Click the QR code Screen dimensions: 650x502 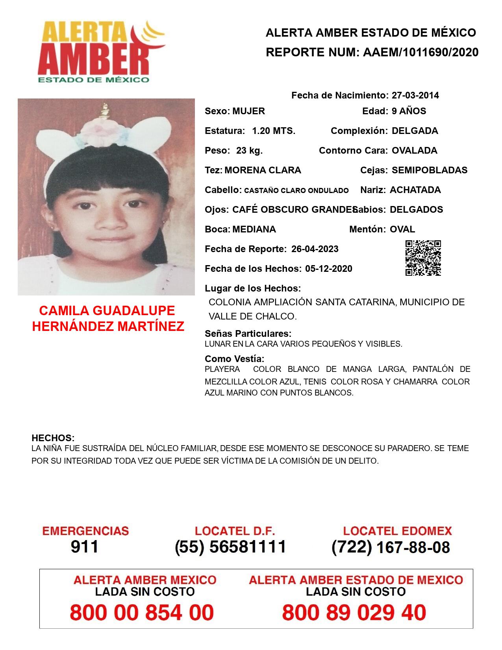pyautogui.click(x=423, y=258)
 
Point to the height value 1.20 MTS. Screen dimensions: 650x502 pyautogui.click(x=274, y=131)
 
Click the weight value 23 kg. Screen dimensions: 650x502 pyautogui.click(x=249, y=150)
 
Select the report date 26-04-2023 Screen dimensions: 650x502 pyautogui.click(x=315, y=249)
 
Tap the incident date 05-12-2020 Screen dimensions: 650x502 pyautogui.click(x=328, y=269)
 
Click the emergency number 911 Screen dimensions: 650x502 pyautogui.click(x=85, y=547)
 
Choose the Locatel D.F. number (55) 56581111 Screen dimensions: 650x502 pyautogui.click(x=230, y=547)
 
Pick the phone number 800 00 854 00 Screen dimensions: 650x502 pyautogui.click(x=142, y=613)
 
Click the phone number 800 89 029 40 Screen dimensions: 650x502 pyautogui.click(x=354, y=613)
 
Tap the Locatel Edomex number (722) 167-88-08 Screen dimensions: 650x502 pyautogui.click(x=391, y=547)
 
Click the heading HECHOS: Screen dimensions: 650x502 pyautogui.click(x=53, y=438)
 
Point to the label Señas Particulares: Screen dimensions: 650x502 pyautogui.click(x=248, y=334)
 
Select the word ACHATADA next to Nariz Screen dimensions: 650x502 pyautogui.click(x=415, y=190)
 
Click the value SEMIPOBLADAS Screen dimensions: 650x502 pyautogui.click(x=429, y=170)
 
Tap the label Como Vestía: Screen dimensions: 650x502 pyautogui.click(x=234, y=359)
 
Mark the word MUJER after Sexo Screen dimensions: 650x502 pyautogui.click(x=248, y=111)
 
